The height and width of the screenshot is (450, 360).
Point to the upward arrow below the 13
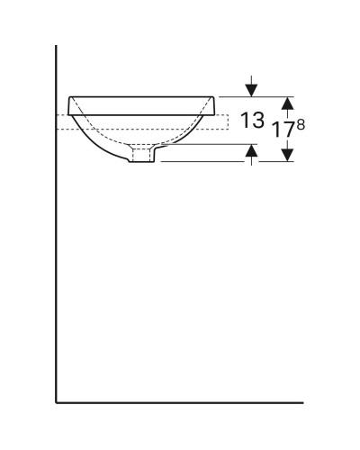[x=251, y=155]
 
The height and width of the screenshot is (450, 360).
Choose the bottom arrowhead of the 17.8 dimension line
[x=285, y=156]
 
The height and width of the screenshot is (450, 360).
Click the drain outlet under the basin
[x=143, y=157]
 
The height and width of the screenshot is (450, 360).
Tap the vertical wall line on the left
[x=57, y=270]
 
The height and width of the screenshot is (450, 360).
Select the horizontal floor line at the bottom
[x=180, y=400]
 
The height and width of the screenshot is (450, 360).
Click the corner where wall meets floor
[x=57, y=400]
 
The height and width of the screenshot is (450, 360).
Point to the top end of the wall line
[x=57, y=45]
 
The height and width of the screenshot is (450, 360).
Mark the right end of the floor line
[x=303, y=400]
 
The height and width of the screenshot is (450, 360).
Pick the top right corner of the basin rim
[x=215, y=97]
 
